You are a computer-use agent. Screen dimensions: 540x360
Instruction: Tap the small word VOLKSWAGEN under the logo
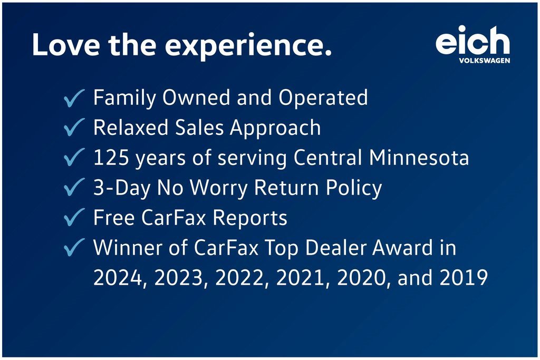click(485, 61)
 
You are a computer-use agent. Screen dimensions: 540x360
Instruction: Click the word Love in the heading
click(66, 45)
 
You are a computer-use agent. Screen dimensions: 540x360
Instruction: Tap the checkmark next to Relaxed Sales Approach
click(74, 127)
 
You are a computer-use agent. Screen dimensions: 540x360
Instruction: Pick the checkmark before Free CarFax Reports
click(74, 217)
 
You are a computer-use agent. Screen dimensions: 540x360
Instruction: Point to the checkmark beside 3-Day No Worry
click(74, 187)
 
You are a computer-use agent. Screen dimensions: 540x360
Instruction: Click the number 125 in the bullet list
click(111, 158)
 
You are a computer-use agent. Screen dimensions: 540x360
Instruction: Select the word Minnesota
click(419, 158)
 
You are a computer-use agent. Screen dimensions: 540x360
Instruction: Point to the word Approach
click(275, 129)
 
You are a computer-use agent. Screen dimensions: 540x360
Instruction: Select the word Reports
click(249, 218)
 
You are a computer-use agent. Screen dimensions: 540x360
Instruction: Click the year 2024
click(118, 278)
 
